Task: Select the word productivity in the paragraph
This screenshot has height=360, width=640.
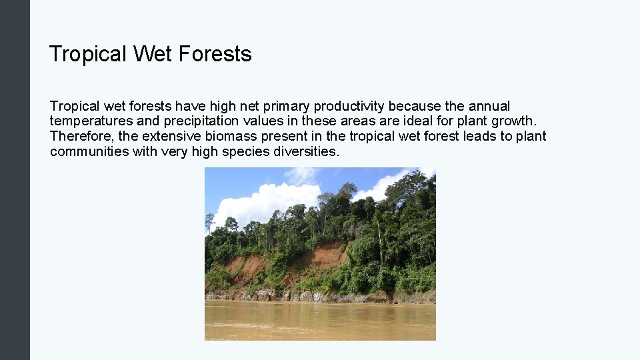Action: pyautogui.click(x=349, y=106)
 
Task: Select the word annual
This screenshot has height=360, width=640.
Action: pyautogui.click(x=489, y=106)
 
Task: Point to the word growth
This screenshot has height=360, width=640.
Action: pyautogui.click(x=513, y=121)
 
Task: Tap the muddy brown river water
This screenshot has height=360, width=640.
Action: pyautogui.click(x=320, y=320)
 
